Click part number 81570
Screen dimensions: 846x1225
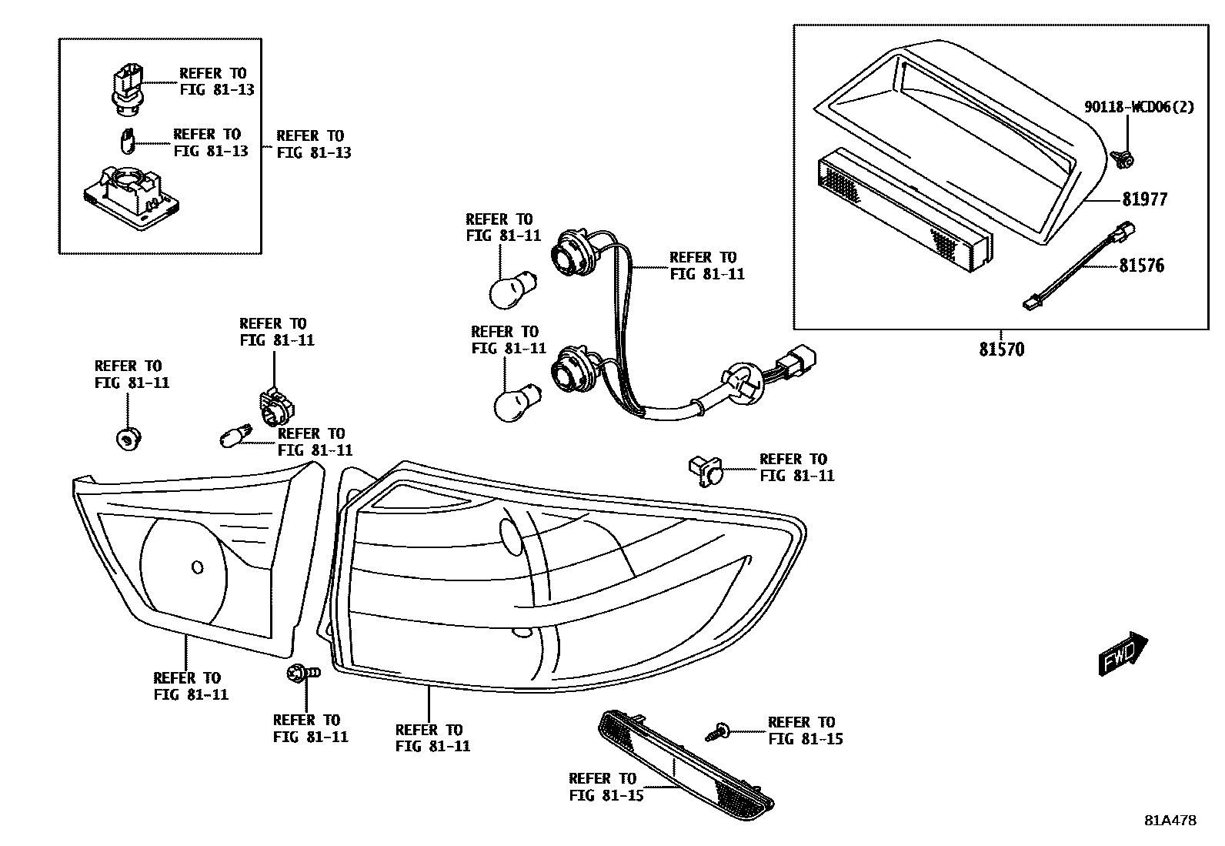coord(1001,349)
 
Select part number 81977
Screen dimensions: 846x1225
coord(1144,199)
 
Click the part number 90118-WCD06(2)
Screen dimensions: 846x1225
coord(1139,107)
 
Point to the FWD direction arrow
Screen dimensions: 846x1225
coord(1123,654)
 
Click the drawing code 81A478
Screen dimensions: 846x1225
coord(1170,821)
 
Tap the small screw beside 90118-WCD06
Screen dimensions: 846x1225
coord(1123,159)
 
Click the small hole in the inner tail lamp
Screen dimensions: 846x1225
coord(197,567)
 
